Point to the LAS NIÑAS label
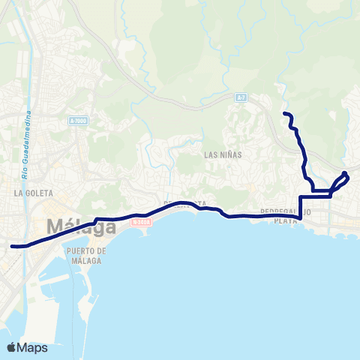pos(221,154)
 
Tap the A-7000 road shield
pos(77,121)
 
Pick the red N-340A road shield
pos(140,222)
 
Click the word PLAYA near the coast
pos(286,221)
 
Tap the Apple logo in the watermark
pos(12,347)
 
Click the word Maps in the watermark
pos(33,347)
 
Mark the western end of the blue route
pos(12,245)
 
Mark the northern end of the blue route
pos(284,113)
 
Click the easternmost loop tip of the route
pos(346,175)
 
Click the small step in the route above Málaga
pos(97,220)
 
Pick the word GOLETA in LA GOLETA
pos(35,193)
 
